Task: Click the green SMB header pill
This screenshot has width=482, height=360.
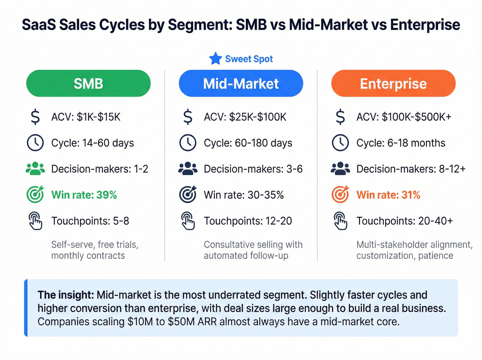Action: [x=88, y=83]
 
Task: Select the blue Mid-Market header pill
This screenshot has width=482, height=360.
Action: [x=241, y=83]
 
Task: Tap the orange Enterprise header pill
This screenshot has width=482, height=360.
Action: [x=393, y=83]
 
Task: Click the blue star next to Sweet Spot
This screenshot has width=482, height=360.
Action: [x=216, y=59]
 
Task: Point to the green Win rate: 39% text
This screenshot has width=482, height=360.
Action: [x=84, y=195]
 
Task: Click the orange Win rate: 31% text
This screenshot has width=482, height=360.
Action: [x=388, y=195]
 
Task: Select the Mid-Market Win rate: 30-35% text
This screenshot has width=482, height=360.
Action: [x=244, y=195]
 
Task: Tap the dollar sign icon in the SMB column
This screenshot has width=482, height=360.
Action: [x=35, y=117]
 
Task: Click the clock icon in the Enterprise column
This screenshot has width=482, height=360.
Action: [x=340, y=143]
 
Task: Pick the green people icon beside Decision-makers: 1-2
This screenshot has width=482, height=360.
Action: [x=35, y=169]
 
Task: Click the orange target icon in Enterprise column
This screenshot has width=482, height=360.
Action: [x=340, y=195]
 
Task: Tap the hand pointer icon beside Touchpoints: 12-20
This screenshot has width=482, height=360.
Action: [x=188, y=221]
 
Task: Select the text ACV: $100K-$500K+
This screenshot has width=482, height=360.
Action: [x=404, y=117]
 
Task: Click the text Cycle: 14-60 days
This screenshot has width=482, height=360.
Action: [x=92, y=143]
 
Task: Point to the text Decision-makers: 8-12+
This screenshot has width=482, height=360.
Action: [x=411, y=169]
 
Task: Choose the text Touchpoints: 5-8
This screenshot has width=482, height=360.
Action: [x=90, y=221]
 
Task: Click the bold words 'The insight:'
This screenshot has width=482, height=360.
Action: [x=65, y=295]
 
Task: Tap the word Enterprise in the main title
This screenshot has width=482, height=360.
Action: [x=425, y=25]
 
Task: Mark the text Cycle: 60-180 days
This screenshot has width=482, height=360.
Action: [x=248, y=143]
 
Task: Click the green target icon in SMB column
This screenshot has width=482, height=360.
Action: [x=35, y=195]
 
